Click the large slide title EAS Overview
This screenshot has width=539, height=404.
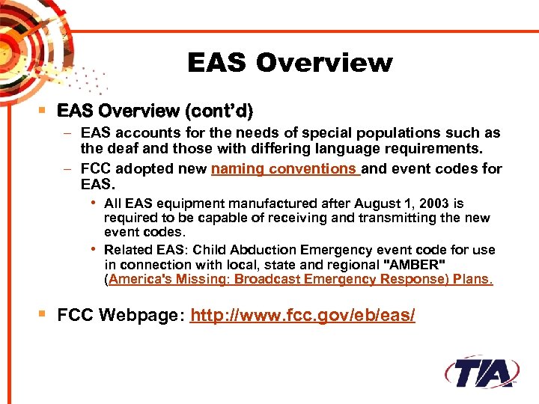[289, 63]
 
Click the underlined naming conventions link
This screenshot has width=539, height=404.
[285, 169]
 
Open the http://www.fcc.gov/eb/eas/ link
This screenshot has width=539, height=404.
[302, 316]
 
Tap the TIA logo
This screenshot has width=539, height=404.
[482, 372]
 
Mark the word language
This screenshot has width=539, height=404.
[365, 148]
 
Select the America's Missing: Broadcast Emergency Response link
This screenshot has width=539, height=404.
[299, 280]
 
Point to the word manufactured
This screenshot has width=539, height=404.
[258, 203]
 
